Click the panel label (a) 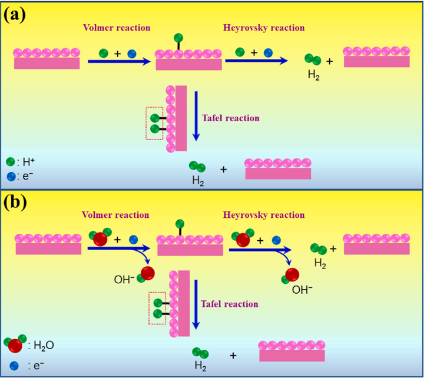15,14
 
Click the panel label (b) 15,203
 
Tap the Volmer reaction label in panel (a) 116,28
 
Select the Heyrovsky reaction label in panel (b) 264,215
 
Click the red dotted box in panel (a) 154,124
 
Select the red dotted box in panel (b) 157,308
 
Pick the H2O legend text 41,345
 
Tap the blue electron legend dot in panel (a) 10,175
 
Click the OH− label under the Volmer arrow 125,276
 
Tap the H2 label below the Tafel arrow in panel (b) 200,365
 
